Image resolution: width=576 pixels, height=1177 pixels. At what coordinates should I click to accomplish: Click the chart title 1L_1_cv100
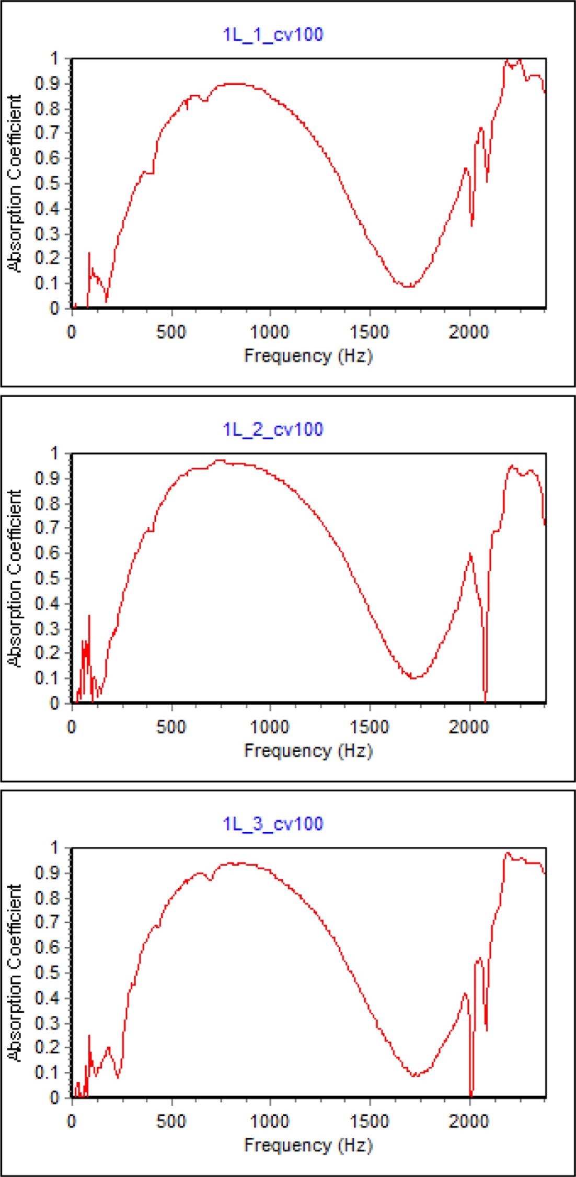click(273, 35)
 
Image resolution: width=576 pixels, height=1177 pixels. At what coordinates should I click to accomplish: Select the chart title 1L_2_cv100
click(273, 429)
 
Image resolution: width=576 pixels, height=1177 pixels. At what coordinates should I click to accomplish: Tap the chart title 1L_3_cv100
click(273, 824)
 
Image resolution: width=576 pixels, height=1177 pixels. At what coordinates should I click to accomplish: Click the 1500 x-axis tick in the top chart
click(370, 332)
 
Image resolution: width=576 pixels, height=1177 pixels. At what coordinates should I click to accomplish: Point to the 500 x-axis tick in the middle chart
click(171, 727)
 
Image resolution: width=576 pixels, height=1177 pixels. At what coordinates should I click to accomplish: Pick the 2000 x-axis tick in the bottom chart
click(469, 1122)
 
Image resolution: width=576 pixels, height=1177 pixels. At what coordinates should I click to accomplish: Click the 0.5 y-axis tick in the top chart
click(48, 184)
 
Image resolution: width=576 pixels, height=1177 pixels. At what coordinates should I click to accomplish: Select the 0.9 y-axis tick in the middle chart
click(48, 478)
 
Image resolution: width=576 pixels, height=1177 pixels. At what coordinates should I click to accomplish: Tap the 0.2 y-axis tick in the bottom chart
click(48, 1047)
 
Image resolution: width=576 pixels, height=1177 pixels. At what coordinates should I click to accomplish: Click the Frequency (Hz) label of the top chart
click(308, 356)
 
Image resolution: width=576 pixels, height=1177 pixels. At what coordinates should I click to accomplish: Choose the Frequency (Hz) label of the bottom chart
click(308, 1145)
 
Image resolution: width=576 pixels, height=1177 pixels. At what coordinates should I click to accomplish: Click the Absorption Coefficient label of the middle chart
click(16, 578)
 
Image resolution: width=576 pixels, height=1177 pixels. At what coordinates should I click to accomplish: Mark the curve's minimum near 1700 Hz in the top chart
click(408, 286)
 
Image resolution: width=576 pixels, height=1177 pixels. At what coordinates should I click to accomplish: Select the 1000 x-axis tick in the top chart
click(270, 332)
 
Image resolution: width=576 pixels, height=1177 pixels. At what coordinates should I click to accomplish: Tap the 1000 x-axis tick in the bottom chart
click(270, 1122)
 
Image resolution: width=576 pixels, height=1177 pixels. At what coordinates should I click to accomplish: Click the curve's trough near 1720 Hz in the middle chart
click(413, 678)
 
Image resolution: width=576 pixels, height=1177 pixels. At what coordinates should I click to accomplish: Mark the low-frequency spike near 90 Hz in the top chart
click(89, 254)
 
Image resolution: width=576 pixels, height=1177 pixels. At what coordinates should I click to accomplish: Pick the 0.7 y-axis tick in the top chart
click(48, 133)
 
